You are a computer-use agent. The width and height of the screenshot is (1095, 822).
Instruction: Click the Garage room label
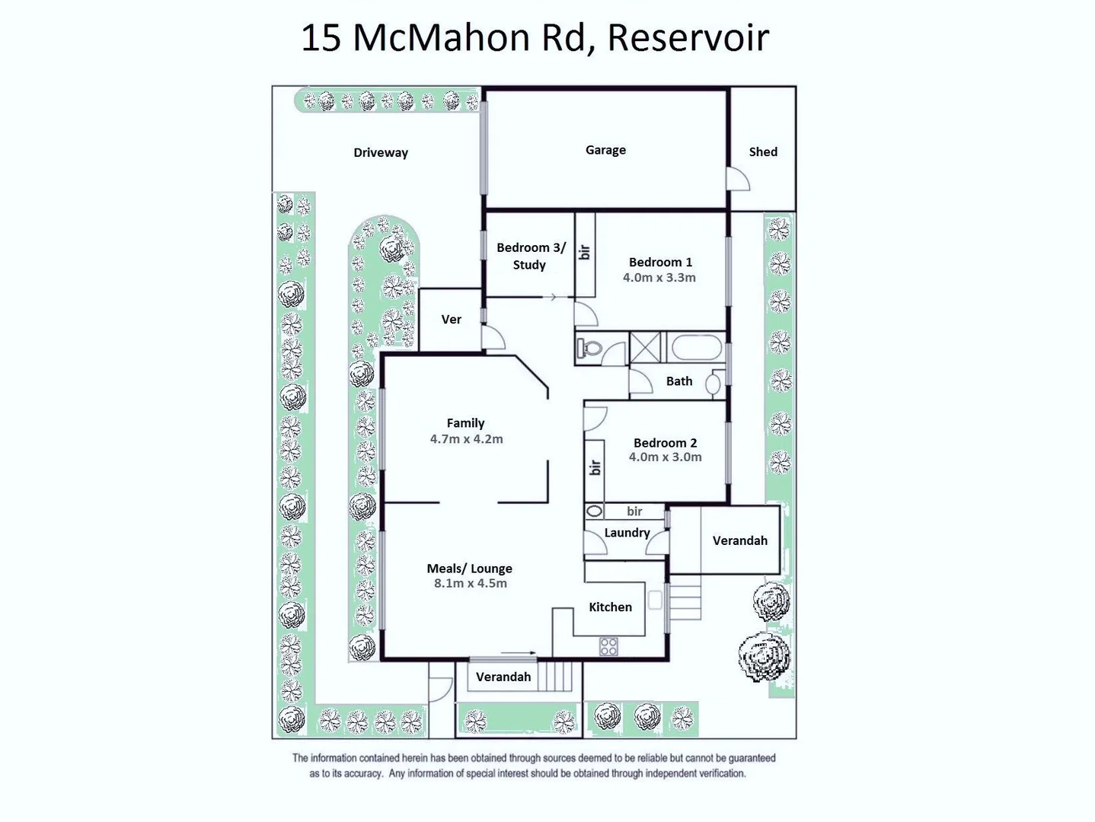pyautogui.click(x=605, y=150)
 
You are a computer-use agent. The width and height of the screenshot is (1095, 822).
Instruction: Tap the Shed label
pyautogui.click(x=762, y=151)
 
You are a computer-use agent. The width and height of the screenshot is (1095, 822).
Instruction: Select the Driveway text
pyautogui.click(x=380, y=152)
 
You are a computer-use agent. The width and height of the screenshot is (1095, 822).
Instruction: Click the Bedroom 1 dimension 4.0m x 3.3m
pyautogui.click(x=659, y=278)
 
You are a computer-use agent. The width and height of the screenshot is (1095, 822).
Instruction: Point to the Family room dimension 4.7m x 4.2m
pyautogui.click(x=466, y=439)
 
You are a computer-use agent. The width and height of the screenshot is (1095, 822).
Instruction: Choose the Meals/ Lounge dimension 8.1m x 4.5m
pyautogui.click(x=470, y=584)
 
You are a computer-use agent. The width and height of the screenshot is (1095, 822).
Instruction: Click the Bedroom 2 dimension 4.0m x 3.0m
pyautogui.click(x=665, y=457)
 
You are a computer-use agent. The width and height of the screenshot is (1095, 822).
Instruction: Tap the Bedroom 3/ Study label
pyautogui.click(x=531, y=256)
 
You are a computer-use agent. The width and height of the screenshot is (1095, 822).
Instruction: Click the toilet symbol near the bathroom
pyautogui.click(x=590, y=349)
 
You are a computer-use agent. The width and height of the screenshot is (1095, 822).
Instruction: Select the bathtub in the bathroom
pyautogui.click(x=695, y=349)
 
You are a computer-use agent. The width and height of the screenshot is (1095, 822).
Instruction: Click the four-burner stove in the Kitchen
pyautogui.click(x=608, y=647)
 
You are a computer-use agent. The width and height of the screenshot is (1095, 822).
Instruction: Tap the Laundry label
pyautogui.click(x=627, y=533)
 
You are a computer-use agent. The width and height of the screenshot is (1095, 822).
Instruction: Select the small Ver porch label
pyautogui.click(x=451, y=320)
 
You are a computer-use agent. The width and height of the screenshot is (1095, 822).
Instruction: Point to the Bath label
pyautogui.click(x=678, y=381)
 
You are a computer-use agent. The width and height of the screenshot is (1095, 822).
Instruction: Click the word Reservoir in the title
pyautogui.click(x=688, y=37)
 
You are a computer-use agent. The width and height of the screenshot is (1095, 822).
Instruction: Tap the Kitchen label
pyautogui.click(x=610, y=607)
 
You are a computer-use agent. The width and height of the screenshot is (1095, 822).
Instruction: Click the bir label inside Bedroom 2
pyautogui.click(x=595, y=467)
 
